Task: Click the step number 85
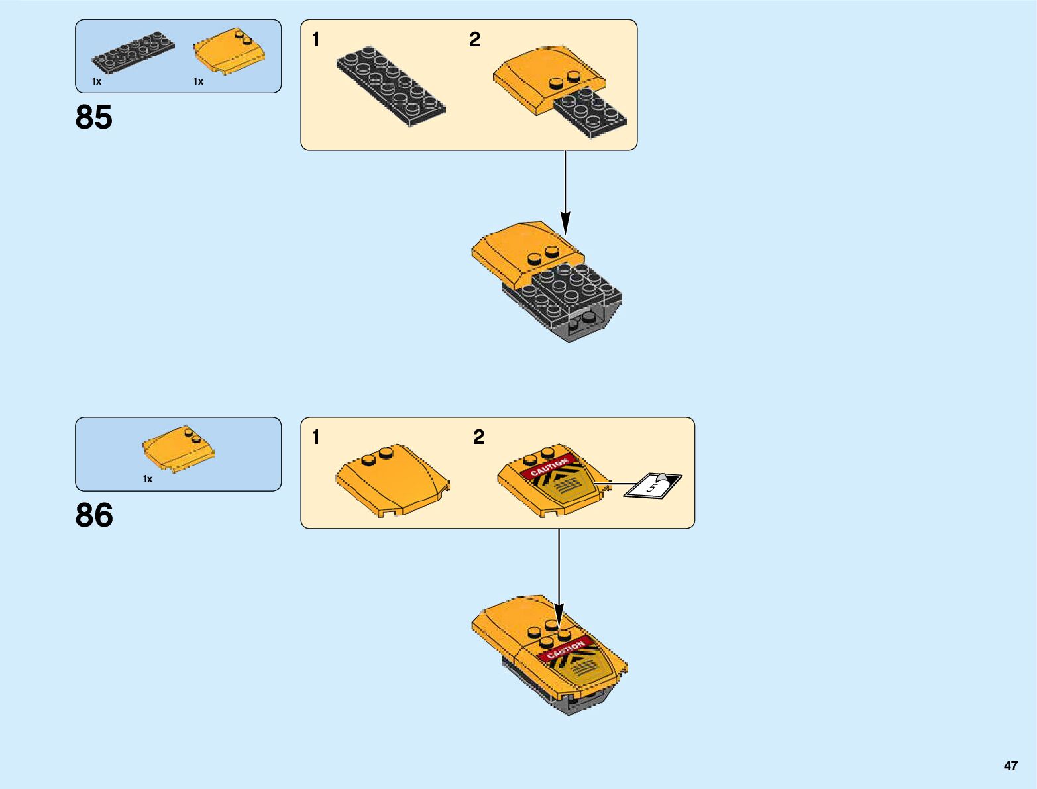pos(94,117)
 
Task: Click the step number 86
pos(94,515)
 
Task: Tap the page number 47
pos(1010,766)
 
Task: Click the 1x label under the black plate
pos(97,81)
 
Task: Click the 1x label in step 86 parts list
pos(148,479)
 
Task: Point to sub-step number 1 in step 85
pos(316,40)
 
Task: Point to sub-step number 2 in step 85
pos(474,40)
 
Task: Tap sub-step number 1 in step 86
pos(316,437)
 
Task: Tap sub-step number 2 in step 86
pos(478,437)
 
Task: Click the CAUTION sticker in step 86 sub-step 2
pos(550,466)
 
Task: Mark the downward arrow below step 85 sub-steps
pos(565,192)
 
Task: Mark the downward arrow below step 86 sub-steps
pos(559,576)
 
